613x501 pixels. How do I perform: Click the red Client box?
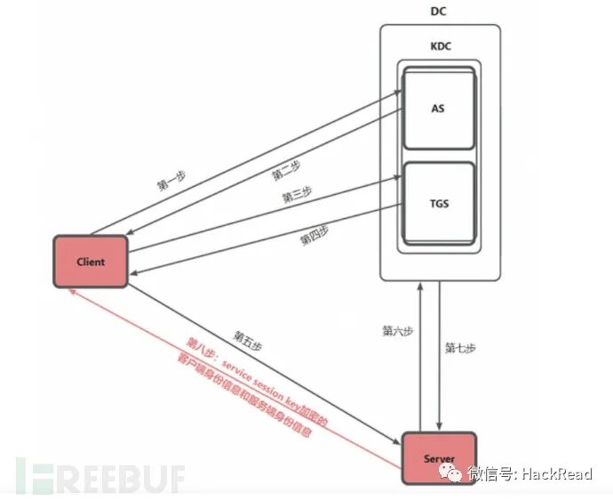coord(90,262)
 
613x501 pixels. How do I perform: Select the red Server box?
coord(439,459)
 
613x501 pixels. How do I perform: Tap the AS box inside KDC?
coord(438,109)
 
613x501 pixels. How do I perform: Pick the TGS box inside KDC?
coord(438,203)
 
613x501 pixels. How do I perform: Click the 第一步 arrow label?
coord(172,181)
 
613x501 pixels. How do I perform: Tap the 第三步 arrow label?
coord(297,194)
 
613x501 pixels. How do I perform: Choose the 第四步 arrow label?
coord(314,235)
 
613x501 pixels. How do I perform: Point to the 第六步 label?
coord(397,330)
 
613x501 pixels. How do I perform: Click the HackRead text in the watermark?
coord(558,473)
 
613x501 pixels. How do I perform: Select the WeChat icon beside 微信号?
coord(454,473)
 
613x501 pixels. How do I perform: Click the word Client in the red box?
coord(90,262)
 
